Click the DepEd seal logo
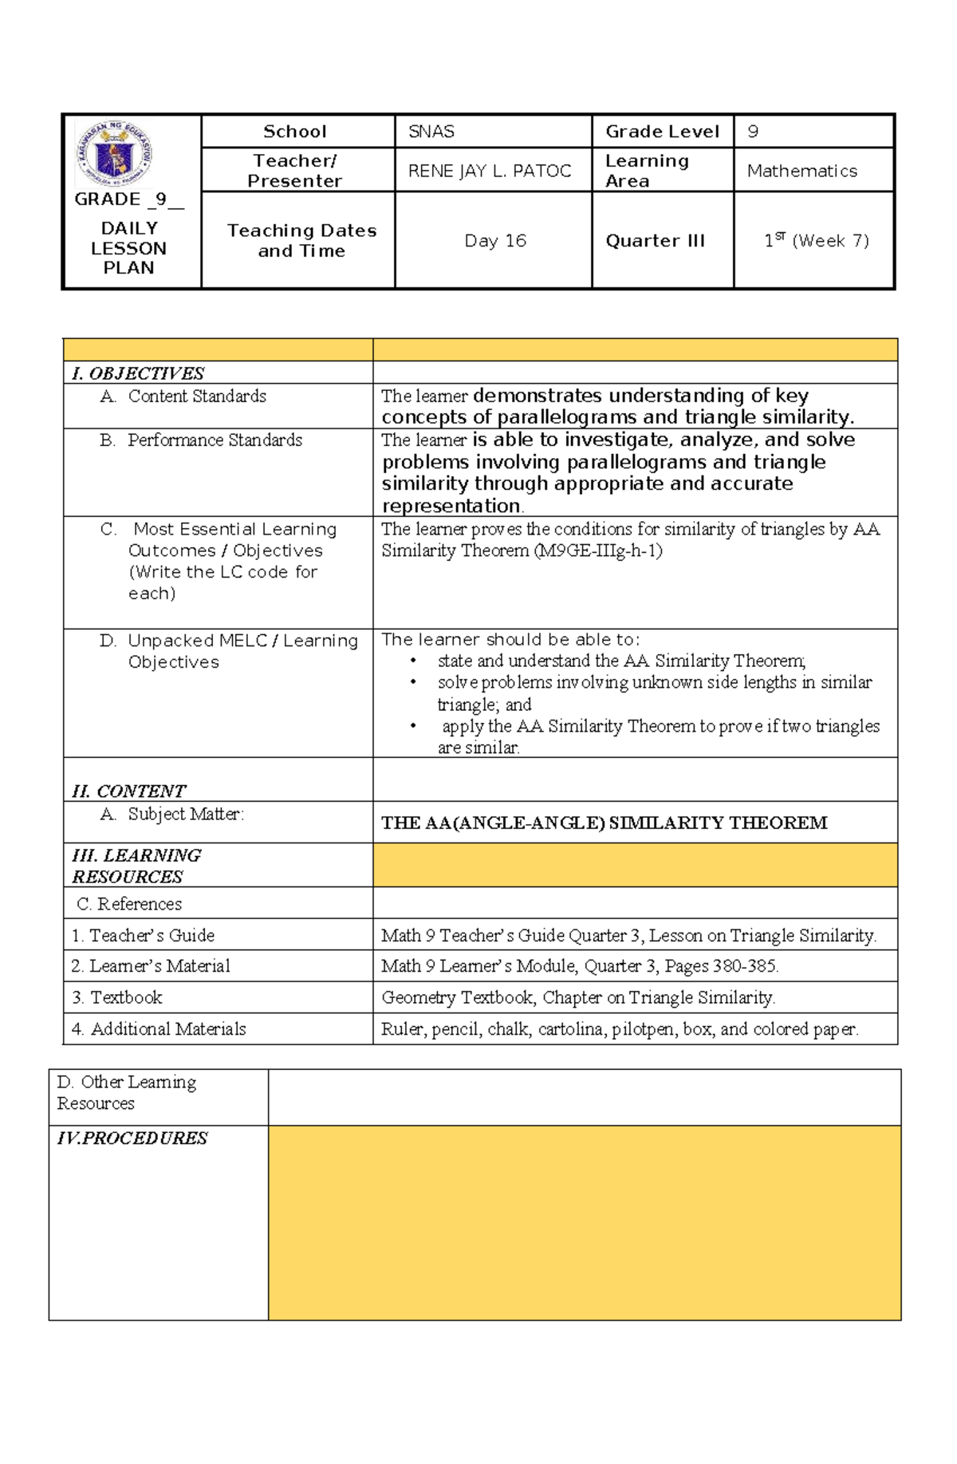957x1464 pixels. pos(114,153)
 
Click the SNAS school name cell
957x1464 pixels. pos(431,132)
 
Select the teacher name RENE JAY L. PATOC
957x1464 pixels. pos(489,171)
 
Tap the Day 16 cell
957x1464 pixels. pos(494,241)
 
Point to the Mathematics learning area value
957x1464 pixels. pos(801,171)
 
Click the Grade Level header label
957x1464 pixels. pos(662,132)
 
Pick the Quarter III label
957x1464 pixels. pos(655,241)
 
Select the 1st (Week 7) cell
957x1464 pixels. pos(815,241)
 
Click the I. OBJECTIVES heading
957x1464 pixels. pos(138,373)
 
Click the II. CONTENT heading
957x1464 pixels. pos(128,791)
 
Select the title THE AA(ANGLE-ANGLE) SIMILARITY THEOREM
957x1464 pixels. pos(604,823)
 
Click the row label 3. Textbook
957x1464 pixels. pos(117,997)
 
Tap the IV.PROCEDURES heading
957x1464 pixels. pos(132,1138)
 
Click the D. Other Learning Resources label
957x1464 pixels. pos(126,1092)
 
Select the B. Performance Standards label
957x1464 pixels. pos(202,440)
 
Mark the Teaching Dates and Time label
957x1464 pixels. pos(301,241)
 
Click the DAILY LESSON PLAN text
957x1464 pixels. pos(128,248)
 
